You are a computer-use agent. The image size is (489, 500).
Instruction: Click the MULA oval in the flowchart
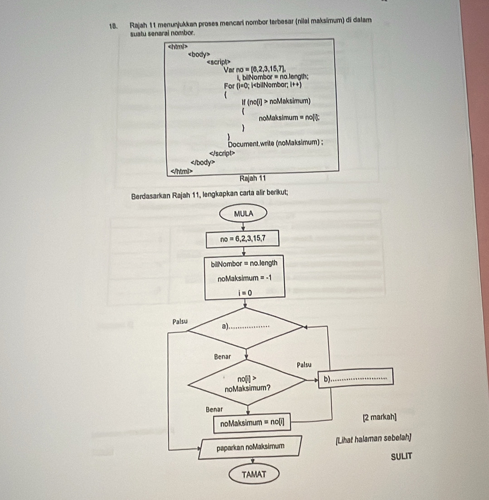[243, 213]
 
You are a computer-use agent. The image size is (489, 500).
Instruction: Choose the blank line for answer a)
[251, 326]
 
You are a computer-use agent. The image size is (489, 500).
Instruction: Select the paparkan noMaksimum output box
[250, 447]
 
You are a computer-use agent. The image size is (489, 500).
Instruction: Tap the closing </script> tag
[223, 153]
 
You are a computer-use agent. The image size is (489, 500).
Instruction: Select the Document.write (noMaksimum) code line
[275, 144]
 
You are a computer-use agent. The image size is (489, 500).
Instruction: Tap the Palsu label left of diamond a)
[180, 321]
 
